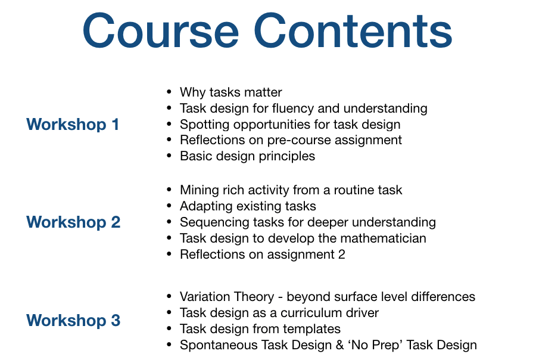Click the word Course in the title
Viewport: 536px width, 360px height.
coord(161,31)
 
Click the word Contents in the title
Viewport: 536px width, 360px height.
coord(353,31)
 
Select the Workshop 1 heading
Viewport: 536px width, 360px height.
coord(73,124)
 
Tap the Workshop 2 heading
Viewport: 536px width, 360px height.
coord(73,222)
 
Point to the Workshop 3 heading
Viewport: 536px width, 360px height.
coord(73,320)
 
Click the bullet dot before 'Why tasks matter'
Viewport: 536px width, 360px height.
coord(169,91)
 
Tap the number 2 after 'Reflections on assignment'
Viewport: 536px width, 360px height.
coord(341,255)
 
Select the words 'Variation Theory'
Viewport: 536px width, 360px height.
coord(227,297)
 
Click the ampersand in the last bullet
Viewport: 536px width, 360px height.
coord(339,345)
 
